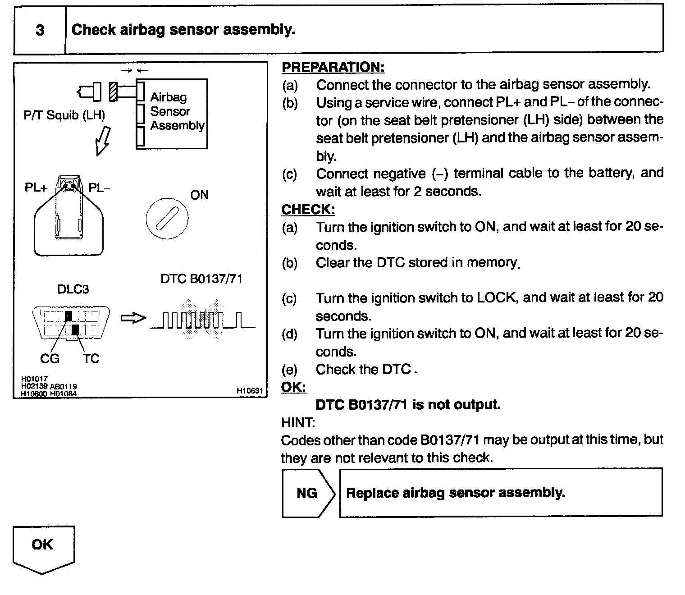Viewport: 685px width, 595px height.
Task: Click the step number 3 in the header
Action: pos(40,30)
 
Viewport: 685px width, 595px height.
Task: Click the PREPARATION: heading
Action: pos(333,67)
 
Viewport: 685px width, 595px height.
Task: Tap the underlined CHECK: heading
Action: pos(308,210)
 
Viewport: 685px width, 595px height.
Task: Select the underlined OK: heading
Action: pos(293,387)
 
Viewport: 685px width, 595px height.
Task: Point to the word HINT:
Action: pos(298,422)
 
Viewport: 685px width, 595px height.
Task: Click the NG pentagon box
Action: pos(308,493)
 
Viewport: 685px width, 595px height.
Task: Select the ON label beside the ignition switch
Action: pos(199,195)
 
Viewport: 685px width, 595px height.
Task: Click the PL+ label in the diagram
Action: pos(36,188)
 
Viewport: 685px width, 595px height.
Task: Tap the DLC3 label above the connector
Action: pos(73,289)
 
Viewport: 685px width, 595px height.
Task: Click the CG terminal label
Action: pos(50,359)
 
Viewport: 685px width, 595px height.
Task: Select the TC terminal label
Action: pos(91,359)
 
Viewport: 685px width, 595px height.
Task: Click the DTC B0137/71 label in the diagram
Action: pos(201,279)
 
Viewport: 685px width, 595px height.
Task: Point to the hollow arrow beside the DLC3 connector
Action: pos(133,318)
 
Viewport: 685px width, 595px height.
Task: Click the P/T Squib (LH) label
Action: pos(64,115)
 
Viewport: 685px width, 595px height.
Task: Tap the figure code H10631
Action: pos(249,390)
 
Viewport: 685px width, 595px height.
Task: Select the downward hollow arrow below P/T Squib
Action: pos(102,140)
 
